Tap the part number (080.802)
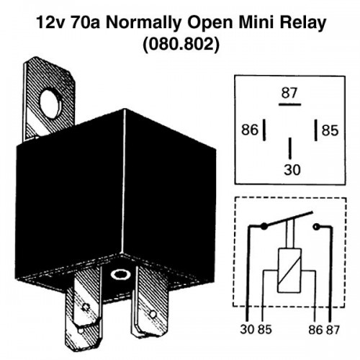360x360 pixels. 181,45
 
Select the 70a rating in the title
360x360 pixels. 84,23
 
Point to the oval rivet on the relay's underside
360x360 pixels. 120,274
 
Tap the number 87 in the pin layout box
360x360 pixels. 289,93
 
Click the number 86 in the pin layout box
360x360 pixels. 250,130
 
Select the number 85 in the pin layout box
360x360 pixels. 330,130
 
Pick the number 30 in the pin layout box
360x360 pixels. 292,170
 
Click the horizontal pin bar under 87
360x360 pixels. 289,104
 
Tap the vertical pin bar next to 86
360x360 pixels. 264,130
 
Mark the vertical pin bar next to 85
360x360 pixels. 316,130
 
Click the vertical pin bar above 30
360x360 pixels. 290,148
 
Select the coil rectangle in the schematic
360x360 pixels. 289,271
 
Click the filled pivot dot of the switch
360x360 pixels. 264,226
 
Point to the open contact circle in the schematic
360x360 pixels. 316,226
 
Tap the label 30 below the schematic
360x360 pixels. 247,329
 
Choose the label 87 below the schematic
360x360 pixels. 333,330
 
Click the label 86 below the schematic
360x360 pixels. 315,330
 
